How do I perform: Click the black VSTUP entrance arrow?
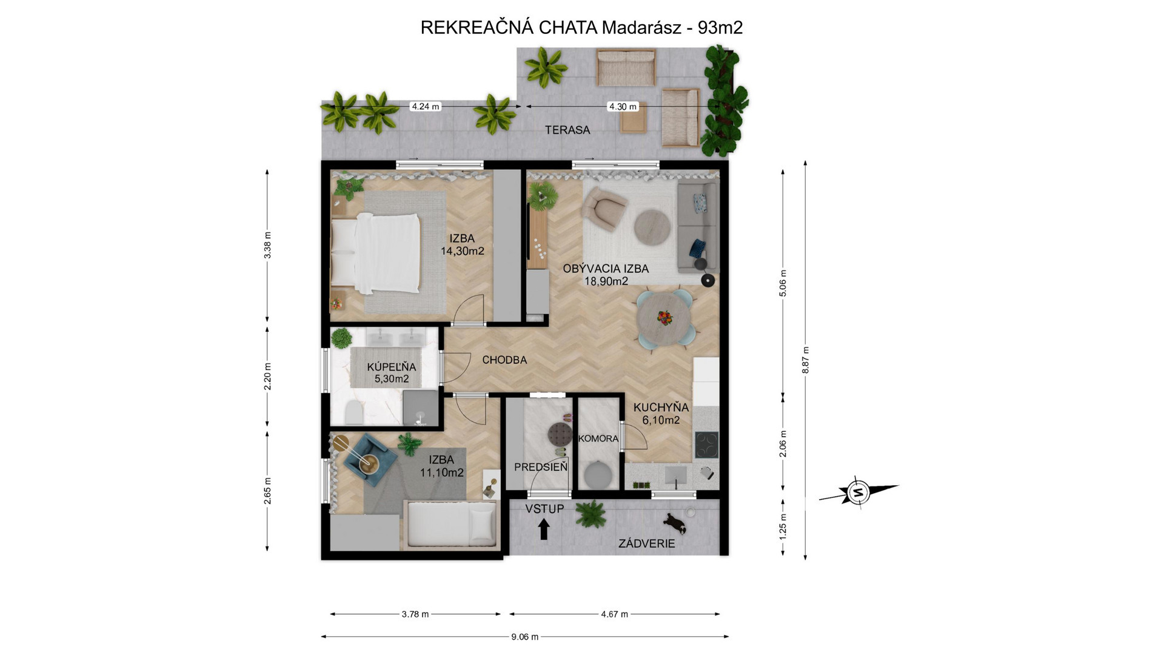pyautogui.click(x=544, y=529)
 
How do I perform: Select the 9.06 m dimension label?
pyautogui.click(x=524, y=637)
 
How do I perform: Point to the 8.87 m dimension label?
pyautogui.click(x=805, y=360)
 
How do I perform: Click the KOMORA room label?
pyautogui.click(x=598, y=438)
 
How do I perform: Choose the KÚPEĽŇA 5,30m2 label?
pyautogui.click(x=392, y=373)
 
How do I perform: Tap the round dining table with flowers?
pyautogui.click(x=665, y=318)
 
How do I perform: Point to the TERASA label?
pyautogui.click(x=567, y=130)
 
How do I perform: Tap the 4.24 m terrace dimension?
pyautogui.click(x=425, y=106)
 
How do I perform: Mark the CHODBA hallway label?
pyautogui.click(x=504, y=360)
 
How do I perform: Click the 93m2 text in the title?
pyautogui.click(x=720, y=27)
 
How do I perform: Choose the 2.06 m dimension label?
pyautogui.click(x=783, y=443)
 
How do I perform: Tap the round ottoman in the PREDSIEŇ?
pyautogui.click(x=560, y=434)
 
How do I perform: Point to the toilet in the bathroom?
pyautogui.click(x=353, y=412)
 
